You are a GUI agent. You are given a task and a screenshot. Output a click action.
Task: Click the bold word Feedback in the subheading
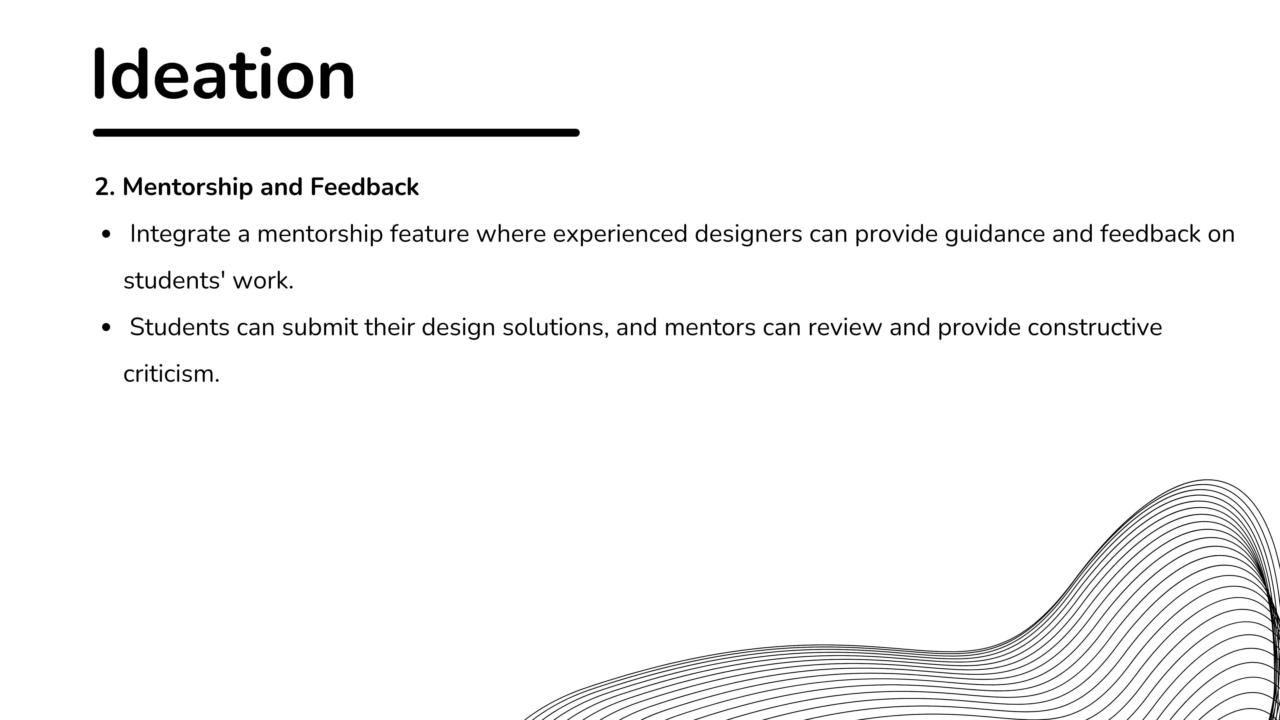[364, 187]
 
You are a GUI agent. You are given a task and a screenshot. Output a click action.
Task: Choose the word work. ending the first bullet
[263, 281]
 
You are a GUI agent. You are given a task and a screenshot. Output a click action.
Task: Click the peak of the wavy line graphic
[1207, 480]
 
